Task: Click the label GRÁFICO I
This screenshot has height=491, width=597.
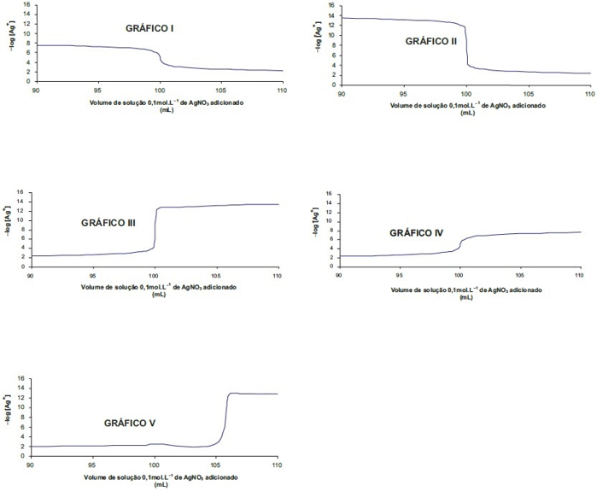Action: point(149,28)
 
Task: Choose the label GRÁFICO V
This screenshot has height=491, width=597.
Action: point(130,423)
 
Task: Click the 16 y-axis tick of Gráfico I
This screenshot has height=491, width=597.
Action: point(26,4)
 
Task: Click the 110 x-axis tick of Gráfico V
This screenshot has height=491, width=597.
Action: point(277,465)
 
